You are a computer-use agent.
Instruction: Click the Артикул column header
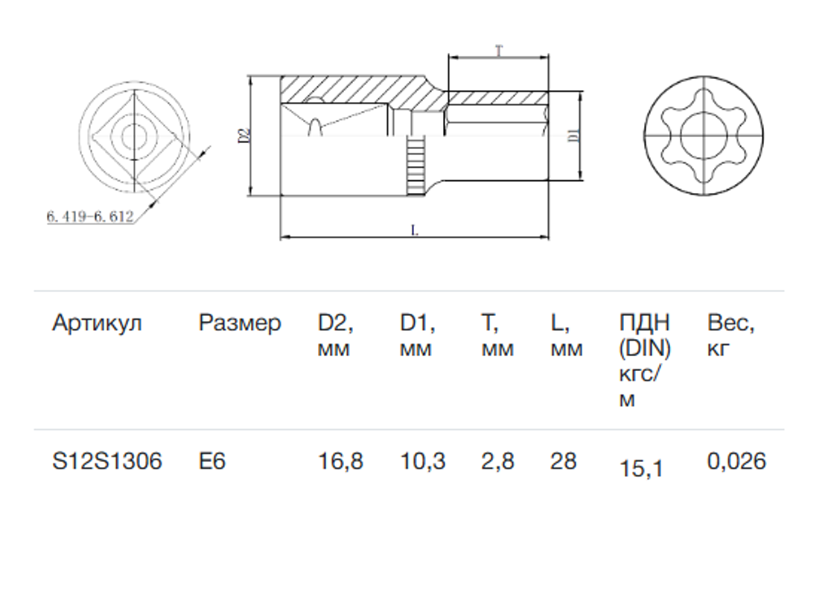(97, 323)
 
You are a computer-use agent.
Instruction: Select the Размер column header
(240, 323)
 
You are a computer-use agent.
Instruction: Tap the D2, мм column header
(336, 335)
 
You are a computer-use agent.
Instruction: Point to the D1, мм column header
(418, 335)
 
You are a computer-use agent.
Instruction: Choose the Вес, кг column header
(730, 335)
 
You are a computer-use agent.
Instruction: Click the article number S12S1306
(107, 461)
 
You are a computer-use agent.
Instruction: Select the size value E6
(212, 461)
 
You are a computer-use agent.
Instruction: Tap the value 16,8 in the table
(340, 461)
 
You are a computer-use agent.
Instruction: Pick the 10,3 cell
(422, 461)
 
